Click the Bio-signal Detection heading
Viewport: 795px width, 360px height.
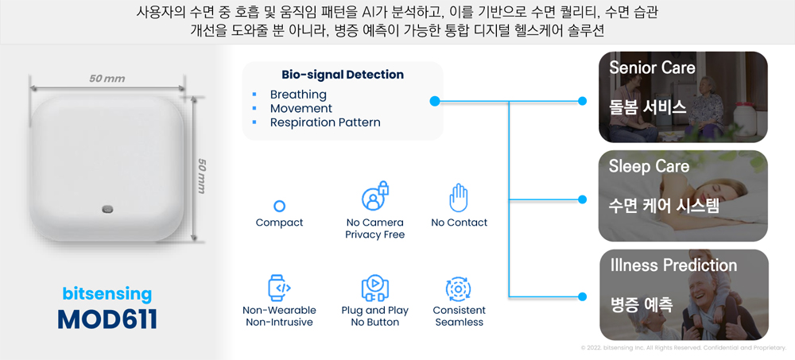pos(342,75)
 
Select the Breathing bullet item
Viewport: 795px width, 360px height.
pos(298,95)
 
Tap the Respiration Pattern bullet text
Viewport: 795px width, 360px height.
pos(325,122)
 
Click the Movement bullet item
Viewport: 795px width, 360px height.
pos(301,108)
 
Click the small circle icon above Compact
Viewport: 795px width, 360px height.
pos(279,206)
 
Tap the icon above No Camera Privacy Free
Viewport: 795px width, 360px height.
pos(374,197)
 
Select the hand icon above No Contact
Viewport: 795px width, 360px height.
pos(459,198)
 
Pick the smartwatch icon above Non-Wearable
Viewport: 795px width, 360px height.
pos(280,287)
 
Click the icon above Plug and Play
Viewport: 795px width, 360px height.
pos(374,287)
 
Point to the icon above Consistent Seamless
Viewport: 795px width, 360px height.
pos(459,288)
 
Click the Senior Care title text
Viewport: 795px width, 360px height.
pos(652,68)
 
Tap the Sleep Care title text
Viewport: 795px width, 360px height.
pos(649,166)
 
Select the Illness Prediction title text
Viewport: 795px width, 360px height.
pos(673,265)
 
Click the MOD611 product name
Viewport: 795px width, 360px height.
pos(107,319)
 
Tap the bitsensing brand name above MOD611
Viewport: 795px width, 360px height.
pos(107,294)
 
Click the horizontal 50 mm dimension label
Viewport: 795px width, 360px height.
pos(107,79)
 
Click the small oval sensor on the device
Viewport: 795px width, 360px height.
pos(107,209)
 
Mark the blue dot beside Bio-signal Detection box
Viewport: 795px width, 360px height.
pos(435,101)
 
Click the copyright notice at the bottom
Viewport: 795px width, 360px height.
pos(683,348)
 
